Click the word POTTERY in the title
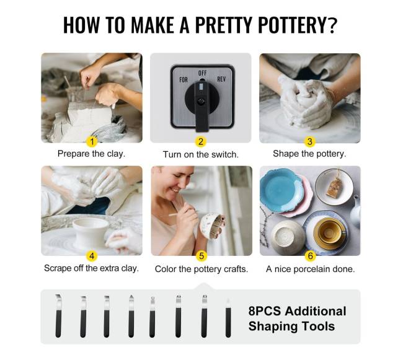[293, 25]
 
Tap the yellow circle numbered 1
[92, 141]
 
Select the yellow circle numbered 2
[201, 142]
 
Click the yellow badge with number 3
[310, 141]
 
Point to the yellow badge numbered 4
[92, 256]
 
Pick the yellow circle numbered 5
[201, 256]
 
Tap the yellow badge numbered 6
[310, 256]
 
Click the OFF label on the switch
[203, 73]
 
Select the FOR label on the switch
[184, 80]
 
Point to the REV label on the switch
[221, 79]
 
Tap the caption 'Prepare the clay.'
[92, 154]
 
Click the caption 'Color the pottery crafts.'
[201, 269]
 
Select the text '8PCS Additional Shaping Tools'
[297, 318]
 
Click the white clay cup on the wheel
[91, 232]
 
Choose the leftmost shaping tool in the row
[58, 315]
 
